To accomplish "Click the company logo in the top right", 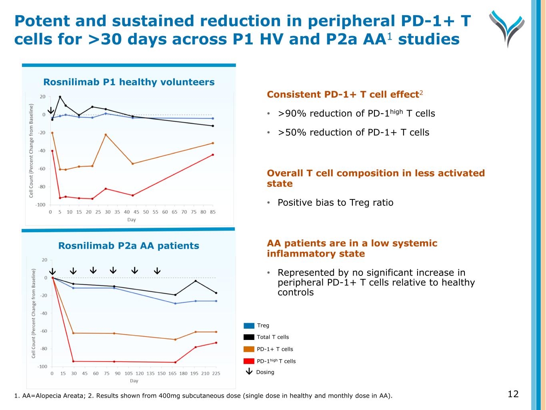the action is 507,28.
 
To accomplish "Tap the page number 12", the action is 513,394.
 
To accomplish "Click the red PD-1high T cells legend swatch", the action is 249,361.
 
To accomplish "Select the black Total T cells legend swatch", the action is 249,337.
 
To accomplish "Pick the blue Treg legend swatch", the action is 249,326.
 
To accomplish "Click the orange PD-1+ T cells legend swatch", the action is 249,349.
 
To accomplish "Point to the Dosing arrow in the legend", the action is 249,372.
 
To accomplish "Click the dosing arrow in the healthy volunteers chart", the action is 51,110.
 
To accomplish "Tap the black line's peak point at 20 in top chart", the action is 60,97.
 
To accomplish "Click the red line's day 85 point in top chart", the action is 213,155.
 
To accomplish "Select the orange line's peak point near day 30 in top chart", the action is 106,135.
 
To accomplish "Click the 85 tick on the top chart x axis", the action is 213,212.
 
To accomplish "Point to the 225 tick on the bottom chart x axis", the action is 216,374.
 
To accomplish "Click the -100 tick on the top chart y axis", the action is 40,205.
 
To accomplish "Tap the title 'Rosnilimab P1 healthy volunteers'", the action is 129,82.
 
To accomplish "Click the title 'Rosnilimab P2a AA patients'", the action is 129,246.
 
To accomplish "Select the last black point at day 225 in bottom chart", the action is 216,293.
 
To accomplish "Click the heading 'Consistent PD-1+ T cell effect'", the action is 343,94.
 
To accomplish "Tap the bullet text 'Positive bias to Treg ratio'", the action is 336,203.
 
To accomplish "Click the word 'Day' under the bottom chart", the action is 134,381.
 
